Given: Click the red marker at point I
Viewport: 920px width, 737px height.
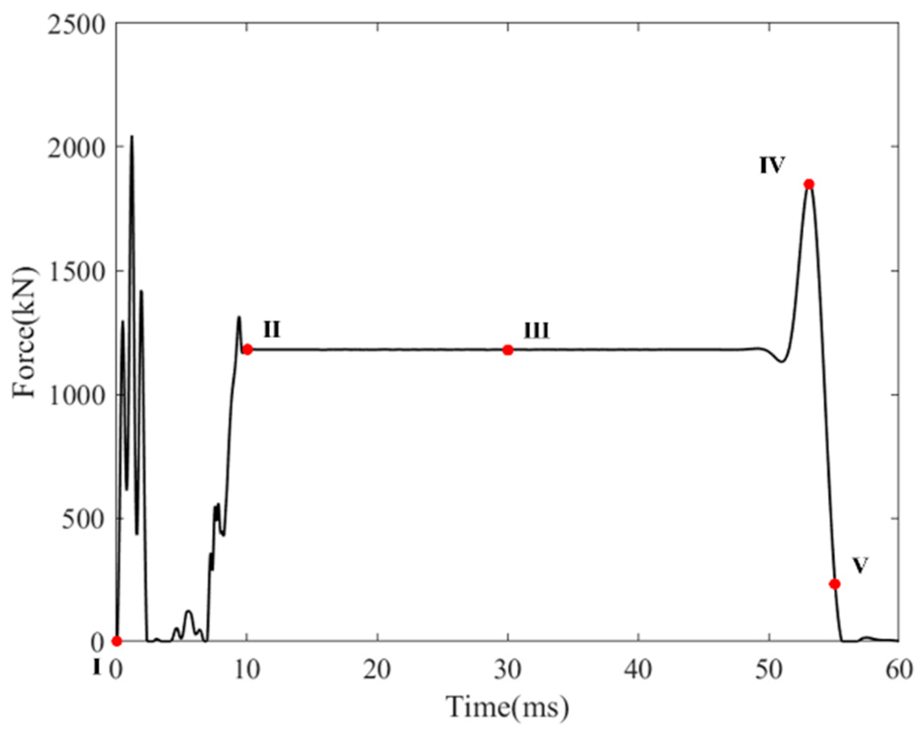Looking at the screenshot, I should [x=116, y=641].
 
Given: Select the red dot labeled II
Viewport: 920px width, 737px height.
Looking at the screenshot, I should [x=247, y=349].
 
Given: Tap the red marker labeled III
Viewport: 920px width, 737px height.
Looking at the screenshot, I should [x=508, y=350].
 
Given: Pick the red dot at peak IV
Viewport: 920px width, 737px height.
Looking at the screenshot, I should [x=809, y=184].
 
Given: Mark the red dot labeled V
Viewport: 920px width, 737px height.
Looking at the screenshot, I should [x=835, y=584].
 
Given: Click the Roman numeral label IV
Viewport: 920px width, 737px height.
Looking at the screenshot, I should [x=772, y=165].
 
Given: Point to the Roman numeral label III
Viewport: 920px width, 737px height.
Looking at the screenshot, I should [x=537, y=331].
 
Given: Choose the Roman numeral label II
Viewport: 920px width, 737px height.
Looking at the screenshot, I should [x=272, y=330].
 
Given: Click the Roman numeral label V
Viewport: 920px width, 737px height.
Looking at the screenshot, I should [x=860, y=565].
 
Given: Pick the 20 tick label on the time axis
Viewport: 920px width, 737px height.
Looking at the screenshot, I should [x=377, y=670].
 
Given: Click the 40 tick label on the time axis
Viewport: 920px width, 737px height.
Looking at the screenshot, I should [x=638, y=670].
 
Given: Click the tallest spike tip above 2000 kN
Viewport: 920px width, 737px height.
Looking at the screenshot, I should [x=131, y=136].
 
